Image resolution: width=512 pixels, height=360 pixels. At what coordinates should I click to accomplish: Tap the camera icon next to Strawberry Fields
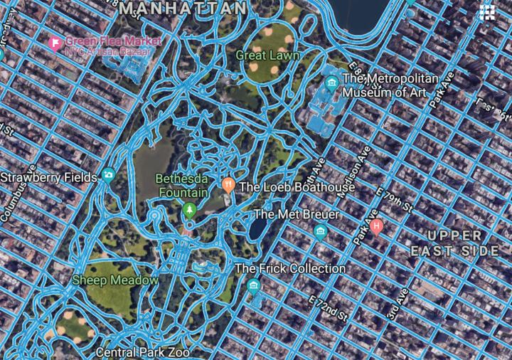[108, 175]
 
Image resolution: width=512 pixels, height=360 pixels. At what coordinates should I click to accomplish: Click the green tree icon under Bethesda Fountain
[189, 210]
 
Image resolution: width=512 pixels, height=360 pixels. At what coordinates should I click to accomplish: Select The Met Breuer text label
[297, 214]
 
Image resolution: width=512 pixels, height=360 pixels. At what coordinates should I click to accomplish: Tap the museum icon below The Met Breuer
[320, 231]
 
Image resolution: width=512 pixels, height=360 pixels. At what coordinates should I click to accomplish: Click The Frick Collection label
[290, 269]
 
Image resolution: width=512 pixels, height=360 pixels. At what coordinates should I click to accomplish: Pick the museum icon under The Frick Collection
[254, 286]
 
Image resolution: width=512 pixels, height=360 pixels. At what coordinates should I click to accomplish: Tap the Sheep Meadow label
[115, 280]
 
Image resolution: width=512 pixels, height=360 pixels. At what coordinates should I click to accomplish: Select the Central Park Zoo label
[144, 352]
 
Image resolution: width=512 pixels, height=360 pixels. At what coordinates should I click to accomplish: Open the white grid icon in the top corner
[487, 11]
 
